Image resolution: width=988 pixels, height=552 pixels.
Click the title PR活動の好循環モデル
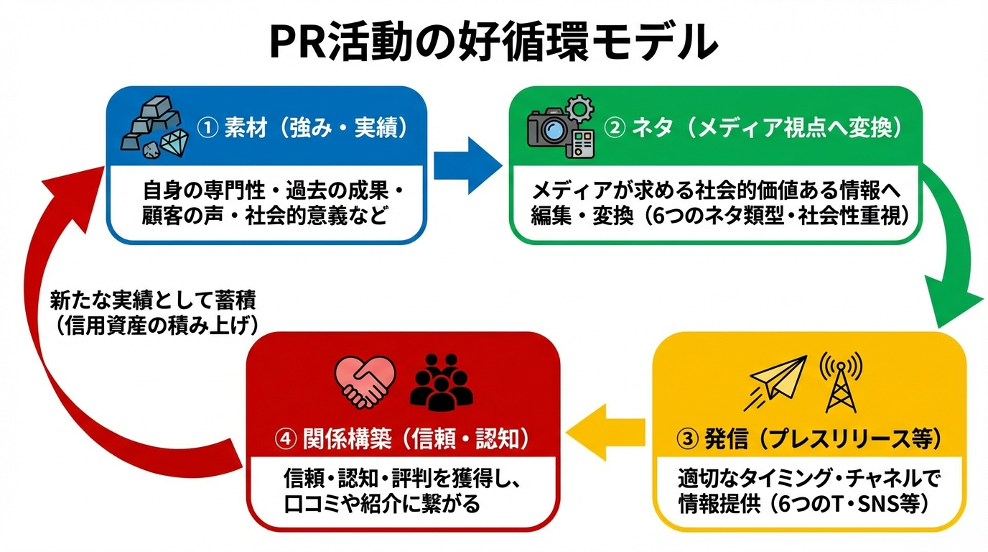[493, 41]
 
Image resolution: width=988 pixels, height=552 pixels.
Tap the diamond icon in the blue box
[173, 144]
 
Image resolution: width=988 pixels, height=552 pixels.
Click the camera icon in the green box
[549, 130]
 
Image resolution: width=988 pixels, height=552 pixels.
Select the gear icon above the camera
[578, 110]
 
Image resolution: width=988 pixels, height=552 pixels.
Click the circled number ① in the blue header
[207, 129]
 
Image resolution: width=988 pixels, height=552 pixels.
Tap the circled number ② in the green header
[615, 129]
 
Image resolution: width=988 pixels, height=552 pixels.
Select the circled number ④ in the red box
[284, 438]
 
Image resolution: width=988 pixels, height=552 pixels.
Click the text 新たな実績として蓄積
[153, 300]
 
